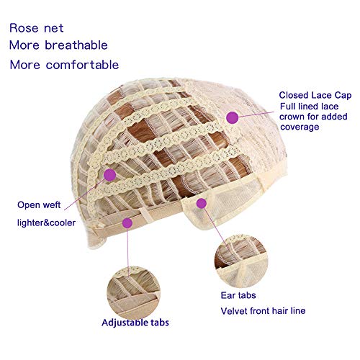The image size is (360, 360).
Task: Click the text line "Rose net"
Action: [x=37, y=28]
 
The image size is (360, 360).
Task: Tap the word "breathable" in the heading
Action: [x=76, y=45]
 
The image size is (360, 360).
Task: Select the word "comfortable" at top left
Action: [x=82, y=65]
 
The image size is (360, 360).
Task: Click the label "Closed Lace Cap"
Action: [x=315, y=95]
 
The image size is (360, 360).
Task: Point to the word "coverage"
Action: [x=300, y=127]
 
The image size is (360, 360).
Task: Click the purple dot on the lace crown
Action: [x=232, y=117]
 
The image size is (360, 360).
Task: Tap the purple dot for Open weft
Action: [x=110, y=175]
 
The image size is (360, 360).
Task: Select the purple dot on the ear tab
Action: [x=202, y=203]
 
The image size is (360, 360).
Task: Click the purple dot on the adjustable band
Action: [x=127, y=223]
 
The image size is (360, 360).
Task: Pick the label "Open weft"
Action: [x=39, y=204]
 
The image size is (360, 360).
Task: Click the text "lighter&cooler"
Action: [x=46, y=222]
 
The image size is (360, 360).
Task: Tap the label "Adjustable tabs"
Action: [x=135, y=323]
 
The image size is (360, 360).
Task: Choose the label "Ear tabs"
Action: [x=238, y=295]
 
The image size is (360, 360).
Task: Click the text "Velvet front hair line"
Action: [x=263, y=311]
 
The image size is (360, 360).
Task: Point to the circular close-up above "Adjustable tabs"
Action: [x=134, y=292]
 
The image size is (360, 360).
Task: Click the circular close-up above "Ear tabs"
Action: [x=240, y=261]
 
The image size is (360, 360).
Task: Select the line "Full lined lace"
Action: [x=309, y=106]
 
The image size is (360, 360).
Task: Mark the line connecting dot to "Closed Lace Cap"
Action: [x=256, y=114]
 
